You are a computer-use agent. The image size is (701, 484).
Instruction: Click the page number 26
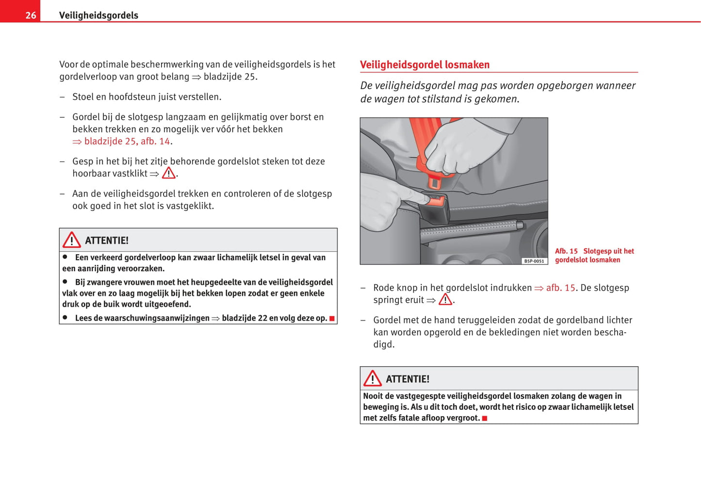pos(31,15)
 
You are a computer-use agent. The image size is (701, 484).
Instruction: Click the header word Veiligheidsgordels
pos(98,15)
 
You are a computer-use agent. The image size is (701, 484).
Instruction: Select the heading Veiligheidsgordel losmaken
pos(424,65)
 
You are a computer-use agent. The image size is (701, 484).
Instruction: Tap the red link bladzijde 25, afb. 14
pos(127,141)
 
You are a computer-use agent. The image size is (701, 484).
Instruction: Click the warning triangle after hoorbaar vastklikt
pos(168,173)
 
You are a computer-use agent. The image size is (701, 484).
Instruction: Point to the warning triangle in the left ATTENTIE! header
pos(72,240)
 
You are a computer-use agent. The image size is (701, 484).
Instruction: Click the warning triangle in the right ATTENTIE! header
pos(373,379)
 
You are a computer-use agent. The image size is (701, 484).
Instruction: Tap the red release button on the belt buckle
pos(436,198)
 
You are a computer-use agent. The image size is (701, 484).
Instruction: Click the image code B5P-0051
pos(534,261)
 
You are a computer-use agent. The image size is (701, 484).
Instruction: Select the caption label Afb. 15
pos(566,251)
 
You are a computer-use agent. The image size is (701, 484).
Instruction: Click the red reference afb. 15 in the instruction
pos(560,288)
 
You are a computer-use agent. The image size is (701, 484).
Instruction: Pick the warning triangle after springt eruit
pos(445,300)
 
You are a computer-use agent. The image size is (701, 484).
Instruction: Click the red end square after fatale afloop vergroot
pos(485,418)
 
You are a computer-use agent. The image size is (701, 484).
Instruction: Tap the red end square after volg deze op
pos(332,319)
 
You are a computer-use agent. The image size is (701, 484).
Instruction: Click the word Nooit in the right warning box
pos(373,396)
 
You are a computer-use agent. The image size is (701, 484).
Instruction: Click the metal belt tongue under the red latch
pos(434,182)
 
